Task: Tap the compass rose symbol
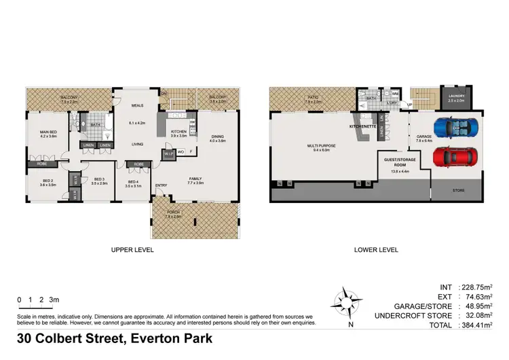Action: click(x=350, y=300)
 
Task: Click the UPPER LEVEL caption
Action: click(x=132, y=250)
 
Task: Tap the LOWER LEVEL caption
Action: click(x=376, y=250)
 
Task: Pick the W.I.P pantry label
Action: click(x=168, y=153)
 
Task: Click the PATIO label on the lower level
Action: click(x=313, y=97)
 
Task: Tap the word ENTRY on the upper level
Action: click(x=161, y=185)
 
